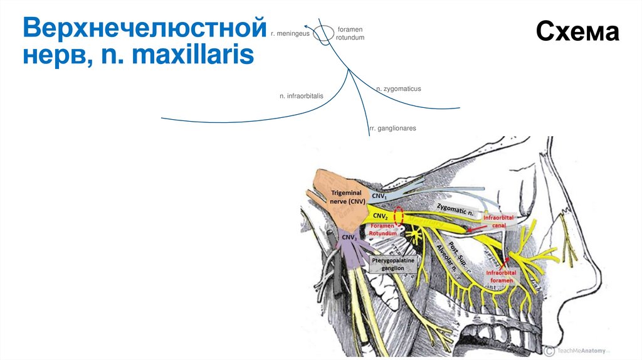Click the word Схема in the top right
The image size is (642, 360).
577,31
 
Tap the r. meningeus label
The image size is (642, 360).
290,33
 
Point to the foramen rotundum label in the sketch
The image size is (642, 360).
350,33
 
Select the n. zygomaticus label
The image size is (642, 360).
398,89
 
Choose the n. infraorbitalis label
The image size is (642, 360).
302,96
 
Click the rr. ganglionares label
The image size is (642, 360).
392,128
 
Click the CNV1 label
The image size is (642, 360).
379,196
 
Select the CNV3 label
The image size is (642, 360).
349,238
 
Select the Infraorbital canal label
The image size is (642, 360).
498,221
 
